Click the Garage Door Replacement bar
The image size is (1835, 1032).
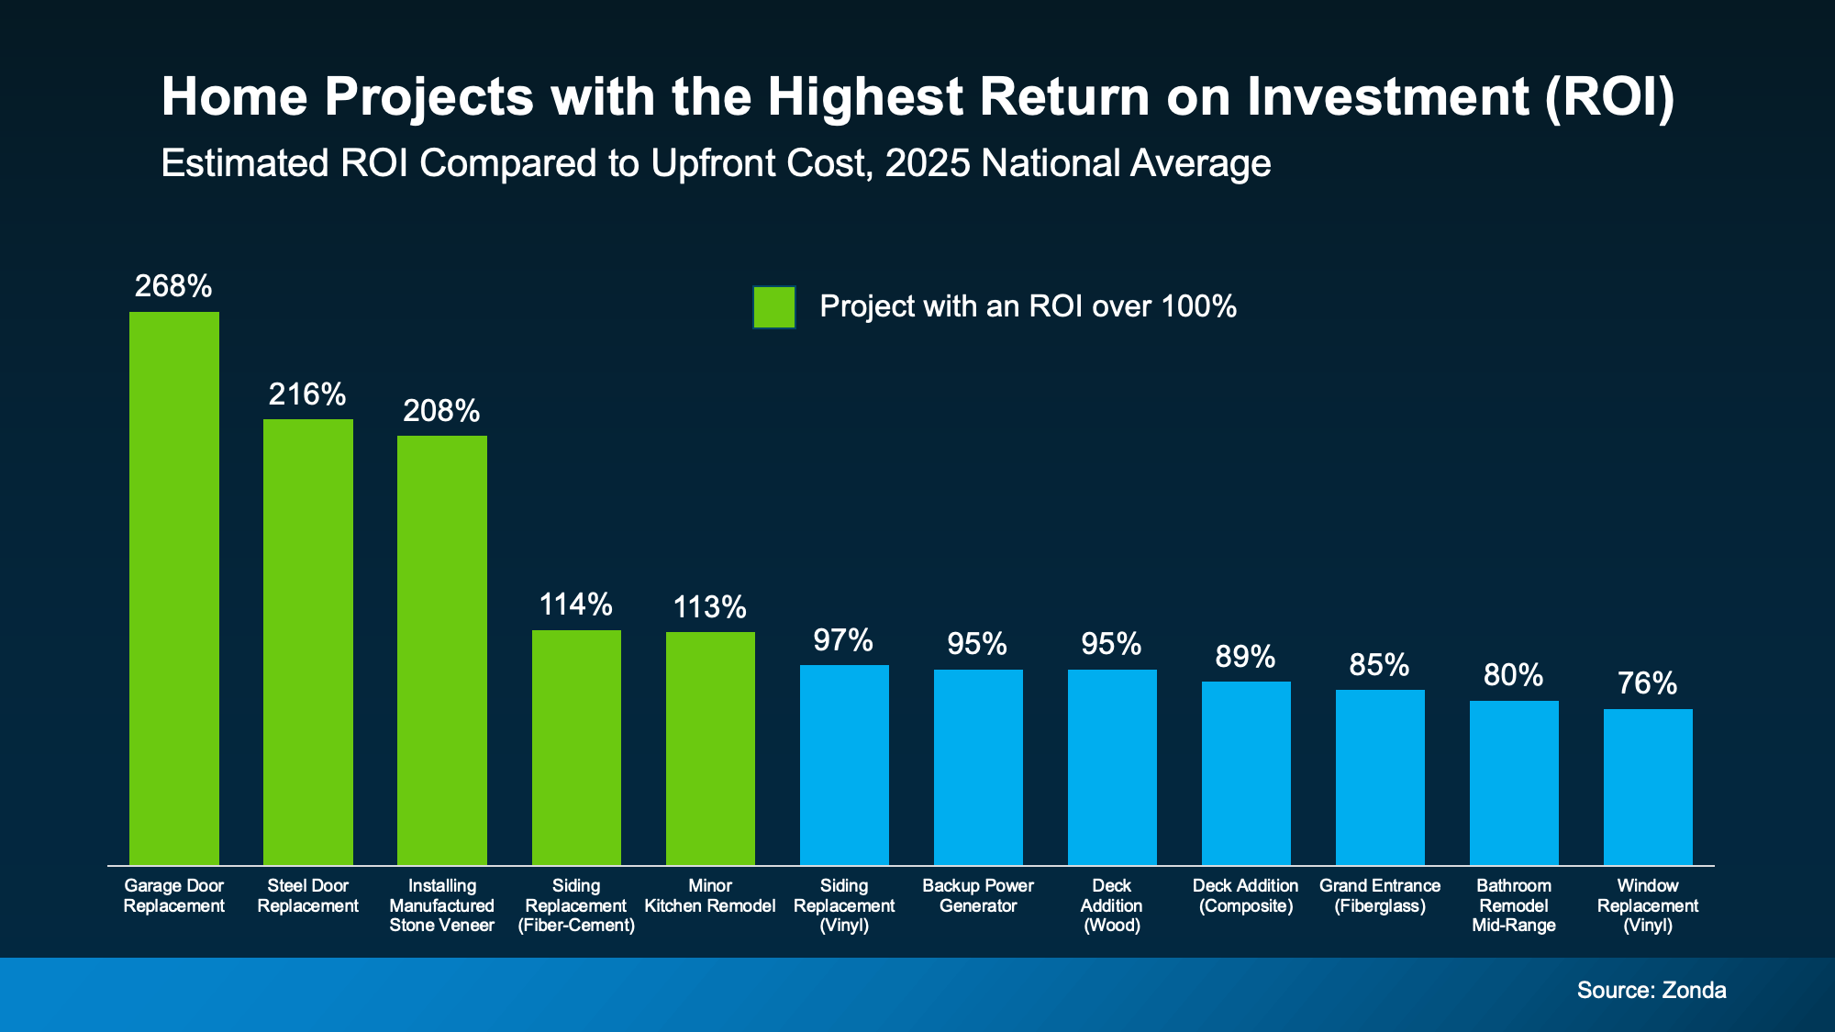tap(174, 587)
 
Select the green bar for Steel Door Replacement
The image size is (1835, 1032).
tap(308, 642)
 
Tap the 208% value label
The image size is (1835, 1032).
tap(441, 411)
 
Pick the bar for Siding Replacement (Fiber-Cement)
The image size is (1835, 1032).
tap(576, 748)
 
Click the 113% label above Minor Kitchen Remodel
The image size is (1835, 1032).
tap(709, 607)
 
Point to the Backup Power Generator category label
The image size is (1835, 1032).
tap(978, 896)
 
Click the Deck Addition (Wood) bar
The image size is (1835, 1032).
tap(1112, 767)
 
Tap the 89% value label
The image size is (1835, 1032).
tap(1245, 657)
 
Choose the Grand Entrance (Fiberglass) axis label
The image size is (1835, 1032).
tap(1380, 896)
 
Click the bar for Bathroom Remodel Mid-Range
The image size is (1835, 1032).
tap(1514, 782)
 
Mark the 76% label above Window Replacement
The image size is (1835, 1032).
tap(1648, 683)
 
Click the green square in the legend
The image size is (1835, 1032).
tap(774, 307)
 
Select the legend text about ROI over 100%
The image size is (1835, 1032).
tap(1028, 306)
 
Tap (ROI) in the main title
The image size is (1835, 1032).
tap(1610, 97)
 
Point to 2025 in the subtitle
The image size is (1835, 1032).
tap(927, 164)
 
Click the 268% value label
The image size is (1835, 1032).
tap(173, 286)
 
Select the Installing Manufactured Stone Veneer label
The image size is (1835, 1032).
tap(441, 905)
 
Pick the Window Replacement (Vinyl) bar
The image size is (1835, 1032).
tap(1648, 787)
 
